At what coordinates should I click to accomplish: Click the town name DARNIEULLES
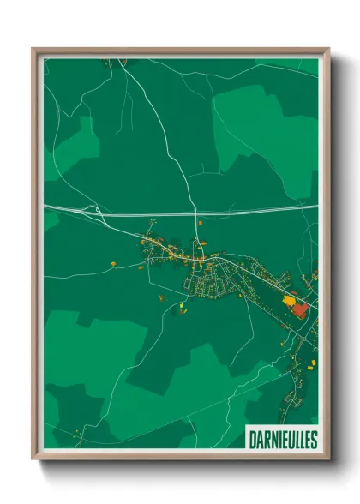click(281, 440)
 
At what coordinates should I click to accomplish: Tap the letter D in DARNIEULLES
click(252, 440)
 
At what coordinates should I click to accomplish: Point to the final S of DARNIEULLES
click(313, 440)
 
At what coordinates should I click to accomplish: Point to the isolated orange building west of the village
click(112, 261)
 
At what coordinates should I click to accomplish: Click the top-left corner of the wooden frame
click(33, 49)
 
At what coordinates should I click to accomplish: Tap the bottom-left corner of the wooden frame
click(33, 460)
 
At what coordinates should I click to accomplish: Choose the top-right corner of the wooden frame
click(328, 49)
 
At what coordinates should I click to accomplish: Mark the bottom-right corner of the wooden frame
click(328, 460)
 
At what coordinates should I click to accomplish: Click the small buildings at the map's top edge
click(115, 61)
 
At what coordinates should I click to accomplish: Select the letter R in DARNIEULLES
click(265, 440)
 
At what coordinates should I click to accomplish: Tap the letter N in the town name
click(272, 440)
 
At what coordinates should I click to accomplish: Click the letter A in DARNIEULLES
click(258, 440)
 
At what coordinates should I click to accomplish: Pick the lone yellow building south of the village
click(183, 305)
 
